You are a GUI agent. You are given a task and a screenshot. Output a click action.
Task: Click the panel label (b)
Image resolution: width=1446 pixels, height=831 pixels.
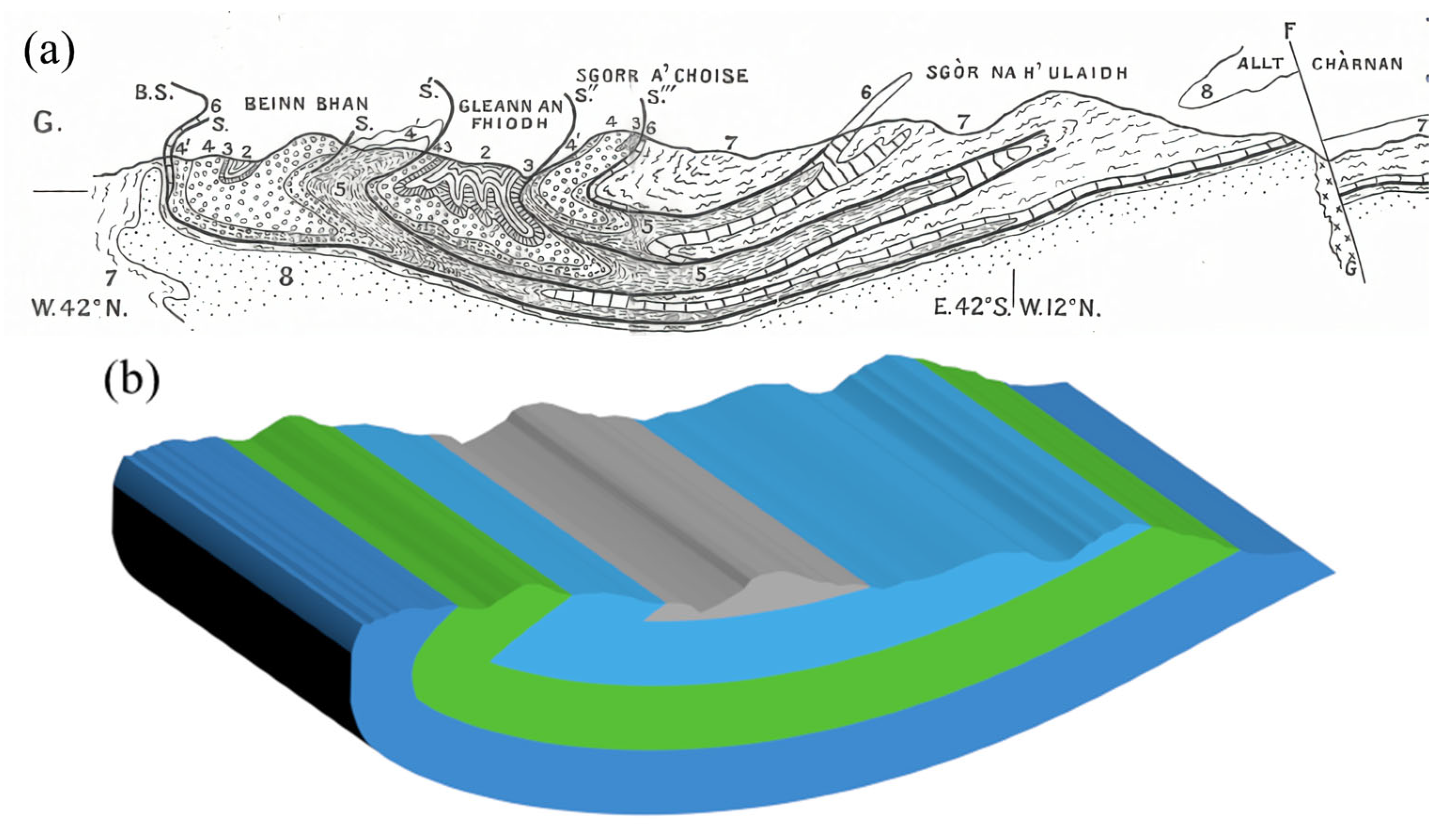tap(132, 379)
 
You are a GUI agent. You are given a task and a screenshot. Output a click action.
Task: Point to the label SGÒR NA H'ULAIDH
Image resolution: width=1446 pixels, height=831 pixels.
tap(1027, 72)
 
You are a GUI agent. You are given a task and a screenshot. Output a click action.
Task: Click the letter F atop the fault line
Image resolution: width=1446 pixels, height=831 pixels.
tap(1289, 31)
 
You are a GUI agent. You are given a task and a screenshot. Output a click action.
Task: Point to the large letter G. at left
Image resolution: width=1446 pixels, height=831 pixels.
tap(47, 123)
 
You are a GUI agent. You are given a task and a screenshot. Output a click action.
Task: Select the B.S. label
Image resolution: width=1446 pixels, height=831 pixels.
tap(154, 93)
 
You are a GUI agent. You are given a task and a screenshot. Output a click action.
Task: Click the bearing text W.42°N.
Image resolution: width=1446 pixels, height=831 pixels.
tap(79, 308)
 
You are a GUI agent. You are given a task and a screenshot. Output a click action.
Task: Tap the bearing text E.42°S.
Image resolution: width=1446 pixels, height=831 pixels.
tap(971, 308)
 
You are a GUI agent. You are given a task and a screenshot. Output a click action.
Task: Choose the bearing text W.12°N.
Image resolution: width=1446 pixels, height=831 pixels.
tap(1060, 308)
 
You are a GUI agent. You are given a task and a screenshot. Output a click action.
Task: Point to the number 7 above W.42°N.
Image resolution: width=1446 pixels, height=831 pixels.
tap(111, 278)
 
